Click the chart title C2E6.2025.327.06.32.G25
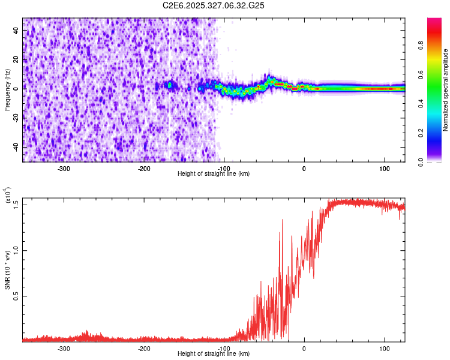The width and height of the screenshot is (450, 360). (x=214, y=5)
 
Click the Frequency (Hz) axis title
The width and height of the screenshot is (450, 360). (x=8, y=90)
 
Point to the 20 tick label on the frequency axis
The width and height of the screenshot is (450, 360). (x=17, y=59)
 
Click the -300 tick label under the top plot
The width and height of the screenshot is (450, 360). (x=64, y=168)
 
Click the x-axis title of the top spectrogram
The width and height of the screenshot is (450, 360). (x=214, y=174)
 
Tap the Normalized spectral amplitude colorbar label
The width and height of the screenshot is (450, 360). (x=446, y=91)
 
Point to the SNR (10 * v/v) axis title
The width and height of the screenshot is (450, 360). (x=8, y=270)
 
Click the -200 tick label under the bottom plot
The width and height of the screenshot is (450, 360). (x=144, y=348)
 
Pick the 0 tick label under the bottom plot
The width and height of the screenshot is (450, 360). (x=304, y=348)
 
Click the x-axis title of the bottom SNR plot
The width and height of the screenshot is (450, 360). (x=214, y=354)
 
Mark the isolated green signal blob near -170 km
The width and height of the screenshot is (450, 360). (x=169, y=85)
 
